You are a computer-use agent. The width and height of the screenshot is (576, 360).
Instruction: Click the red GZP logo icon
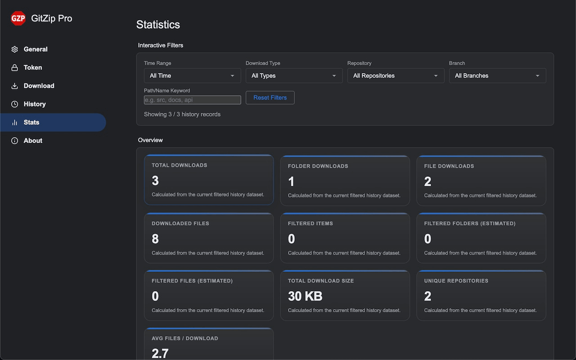(x=18, y=18)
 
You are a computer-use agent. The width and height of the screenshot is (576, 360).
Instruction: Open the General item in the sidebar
(x=29, y=49)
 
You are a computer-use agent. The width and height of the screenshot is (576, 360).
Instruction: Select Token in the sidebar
(x=27, y=67)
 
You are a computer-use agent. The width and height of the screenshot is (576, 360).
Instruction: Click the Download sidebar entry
(x=33, y=85)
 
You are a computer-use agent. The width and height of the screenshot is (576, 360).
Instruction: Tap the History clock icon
(x=15, y=104)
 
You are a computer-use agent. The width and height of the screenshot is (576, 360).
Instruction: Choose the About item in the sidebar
(x=27, y=140)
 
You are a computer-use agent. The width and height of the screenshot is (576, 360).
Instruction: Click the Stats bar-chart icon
(x=15, y=122)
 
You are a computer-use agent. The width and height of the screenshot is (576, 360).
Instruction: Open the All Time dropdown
(x=192, y=76)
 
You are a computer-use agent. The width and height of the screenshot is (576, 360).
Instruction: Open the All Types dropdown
(x=294, y=76)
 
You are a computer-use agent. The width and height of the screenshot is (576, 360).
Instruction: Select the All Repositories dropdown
(x=396, y=76)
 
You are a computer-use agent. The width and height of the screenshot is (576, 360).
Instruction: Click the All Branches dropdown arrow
(x=537, y=76)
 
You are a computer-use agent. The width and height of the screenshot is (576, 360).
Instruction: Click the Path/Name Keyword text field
(x=192, y=100)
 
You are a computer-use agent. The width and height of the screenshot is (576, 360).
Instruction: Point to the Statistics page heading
(x=158, y=25)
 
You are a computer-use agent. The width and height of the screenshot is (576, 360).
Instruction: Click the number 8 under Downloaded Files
(x=155, y=238)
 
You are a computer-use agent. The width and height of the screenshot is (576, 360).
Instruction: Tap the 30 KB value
(x=305, y=296)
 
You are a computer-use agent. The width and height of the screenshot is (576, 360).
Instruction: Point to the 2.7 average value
(x=160, y=353)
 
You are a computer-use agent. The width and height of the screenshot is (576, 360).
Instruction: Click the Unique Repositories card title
(x=456, y=281)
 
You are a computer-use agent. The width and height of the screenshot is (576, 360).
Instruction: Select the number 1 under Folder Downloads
(x=291, y=181)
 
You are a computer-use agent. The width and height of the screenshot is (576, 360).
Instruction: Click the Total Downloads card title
(x=179, y=165)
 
